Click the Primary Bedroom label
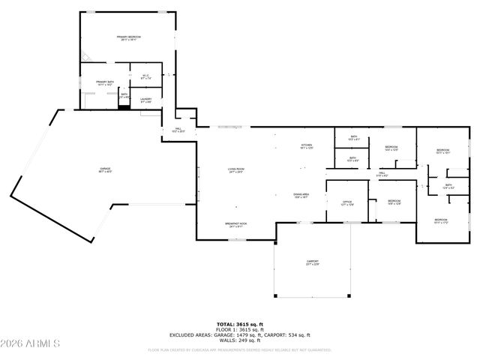129,38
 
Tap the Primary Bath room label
104,82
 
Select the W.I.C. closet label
143,75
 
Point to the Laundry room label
145,100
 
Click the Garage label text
95,170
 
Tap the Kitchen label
306,145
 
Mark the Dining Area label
301,195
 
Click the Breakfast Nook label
236,224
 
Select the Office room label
347,202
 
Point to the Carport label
312,262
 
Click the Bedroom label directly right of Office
394,202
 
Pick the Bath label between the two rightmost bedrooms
448,186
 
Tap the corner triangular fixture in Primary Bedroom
86,56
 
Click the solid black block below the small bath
124,107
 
